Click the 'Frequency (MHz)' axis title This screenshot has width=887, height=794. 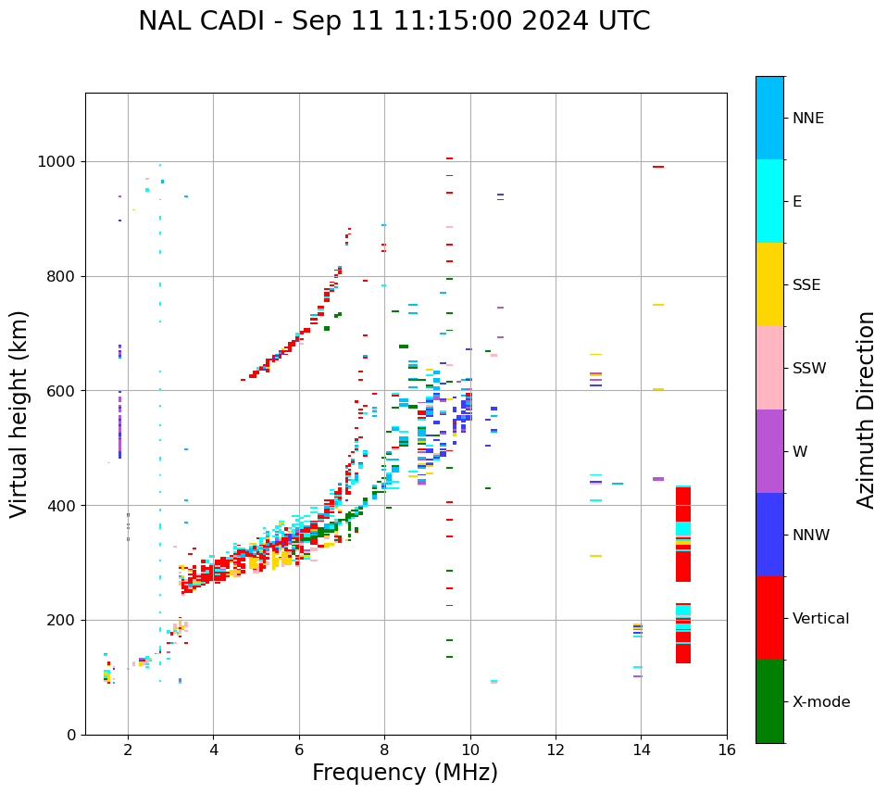[x=405, y=773]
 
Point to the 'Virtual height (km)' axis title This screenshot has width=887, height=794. [x=19, y=413]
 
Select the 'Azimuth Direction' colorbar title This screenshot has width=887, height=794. [x=866, y=410]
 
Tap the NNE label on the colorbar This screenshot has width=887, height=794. [x=807, y=119]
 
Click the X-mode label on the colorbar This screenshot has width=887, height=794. [x=821, y=702]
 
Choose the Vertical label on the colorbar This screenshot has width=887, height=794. [x=820, y=619]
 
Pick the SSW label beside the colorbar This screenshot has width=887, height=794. [x=809, y=369]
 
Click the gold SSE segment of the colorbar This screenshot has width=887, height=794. [x=769, y=284]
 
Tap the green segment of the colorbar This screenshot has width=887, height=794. [x=769, y=701]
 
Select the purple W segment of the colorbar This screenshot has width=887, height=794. [x=769, y=451]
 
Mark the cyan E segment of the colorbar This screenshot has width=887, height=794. [x=769, y=201]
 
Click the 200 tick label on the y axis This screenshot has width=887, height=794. [x=63, y=621]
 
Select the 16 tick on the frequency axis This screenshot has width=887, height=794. [x=727, y=750]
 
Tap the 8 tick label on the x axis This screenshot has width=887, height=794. [x=385, y=750]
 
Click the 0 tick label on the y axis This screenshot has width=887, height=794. [x=70, y=735]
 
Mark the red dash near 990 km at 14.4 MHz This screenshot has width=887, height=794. [x=658, y=167]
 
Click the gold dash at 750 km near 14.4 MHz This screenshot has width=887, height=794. [x=658, y=305]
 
